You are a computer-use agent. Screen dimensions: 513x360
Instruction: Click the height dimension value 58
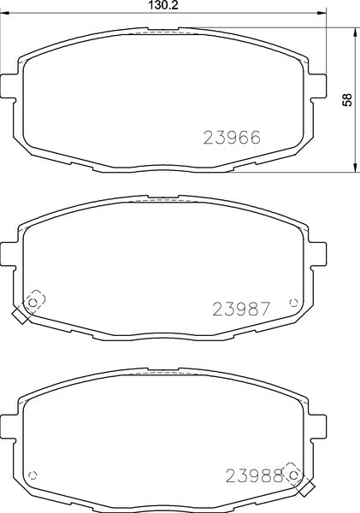pyautogui.click(x=346, y=100)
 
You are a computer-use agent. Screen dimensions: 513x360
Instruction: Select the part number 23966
pyautogui.click(x=231, y=137)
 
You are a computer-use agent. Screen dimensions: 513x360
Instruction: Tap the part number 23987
pyautogui.click(x=241, y=310)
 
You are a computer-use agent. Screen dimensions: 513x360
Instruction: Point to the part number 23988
pyautogui.click(x=253, y=475)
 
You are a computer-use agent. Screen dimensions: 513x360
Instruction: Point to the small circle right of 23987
pyautogui.click(x=294, y=302)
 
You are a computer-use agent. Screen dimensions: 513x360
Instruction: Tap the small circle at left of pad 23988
pyautogui.click(x=33, y=475)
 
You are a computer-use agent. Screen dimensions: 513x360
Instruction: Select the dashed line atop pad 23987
pyautogui.click(x=162, y=203)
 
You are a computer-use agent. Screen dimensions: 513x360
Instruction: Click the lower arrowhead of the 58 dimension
pyautogui.click(x=355, y=169)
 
